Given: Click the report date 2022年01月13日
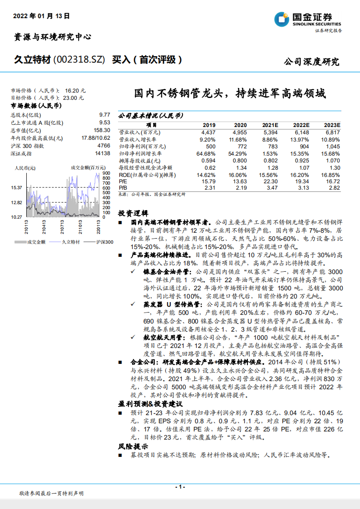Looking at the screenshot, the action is (x=41, y=15).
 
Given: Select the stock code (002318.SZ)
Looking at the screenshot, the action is (x=79, y=60).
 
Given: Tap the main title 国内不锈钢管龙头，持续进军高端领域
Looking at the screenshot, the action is (x=230, y=94).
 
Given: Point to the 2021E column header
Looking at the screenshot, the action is (x=270, y=125).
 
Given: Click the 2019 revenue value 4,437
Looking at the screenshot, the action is (x=207, y=132).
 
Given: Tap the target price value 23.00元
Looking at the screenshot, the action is (x=74, y=98).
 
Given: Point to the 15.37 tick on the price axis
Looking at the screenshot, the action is (x=17, y=188).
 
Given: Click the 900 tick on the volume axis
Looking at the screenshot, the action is (x=106, y=174).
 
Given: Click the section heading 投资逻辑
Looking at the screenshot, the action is (x=133, y=213).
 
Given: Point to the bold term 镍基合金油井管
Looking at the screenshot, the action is (x=163, y=271).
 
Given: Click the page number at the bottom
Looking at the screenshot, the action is (x=180, y=487).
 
